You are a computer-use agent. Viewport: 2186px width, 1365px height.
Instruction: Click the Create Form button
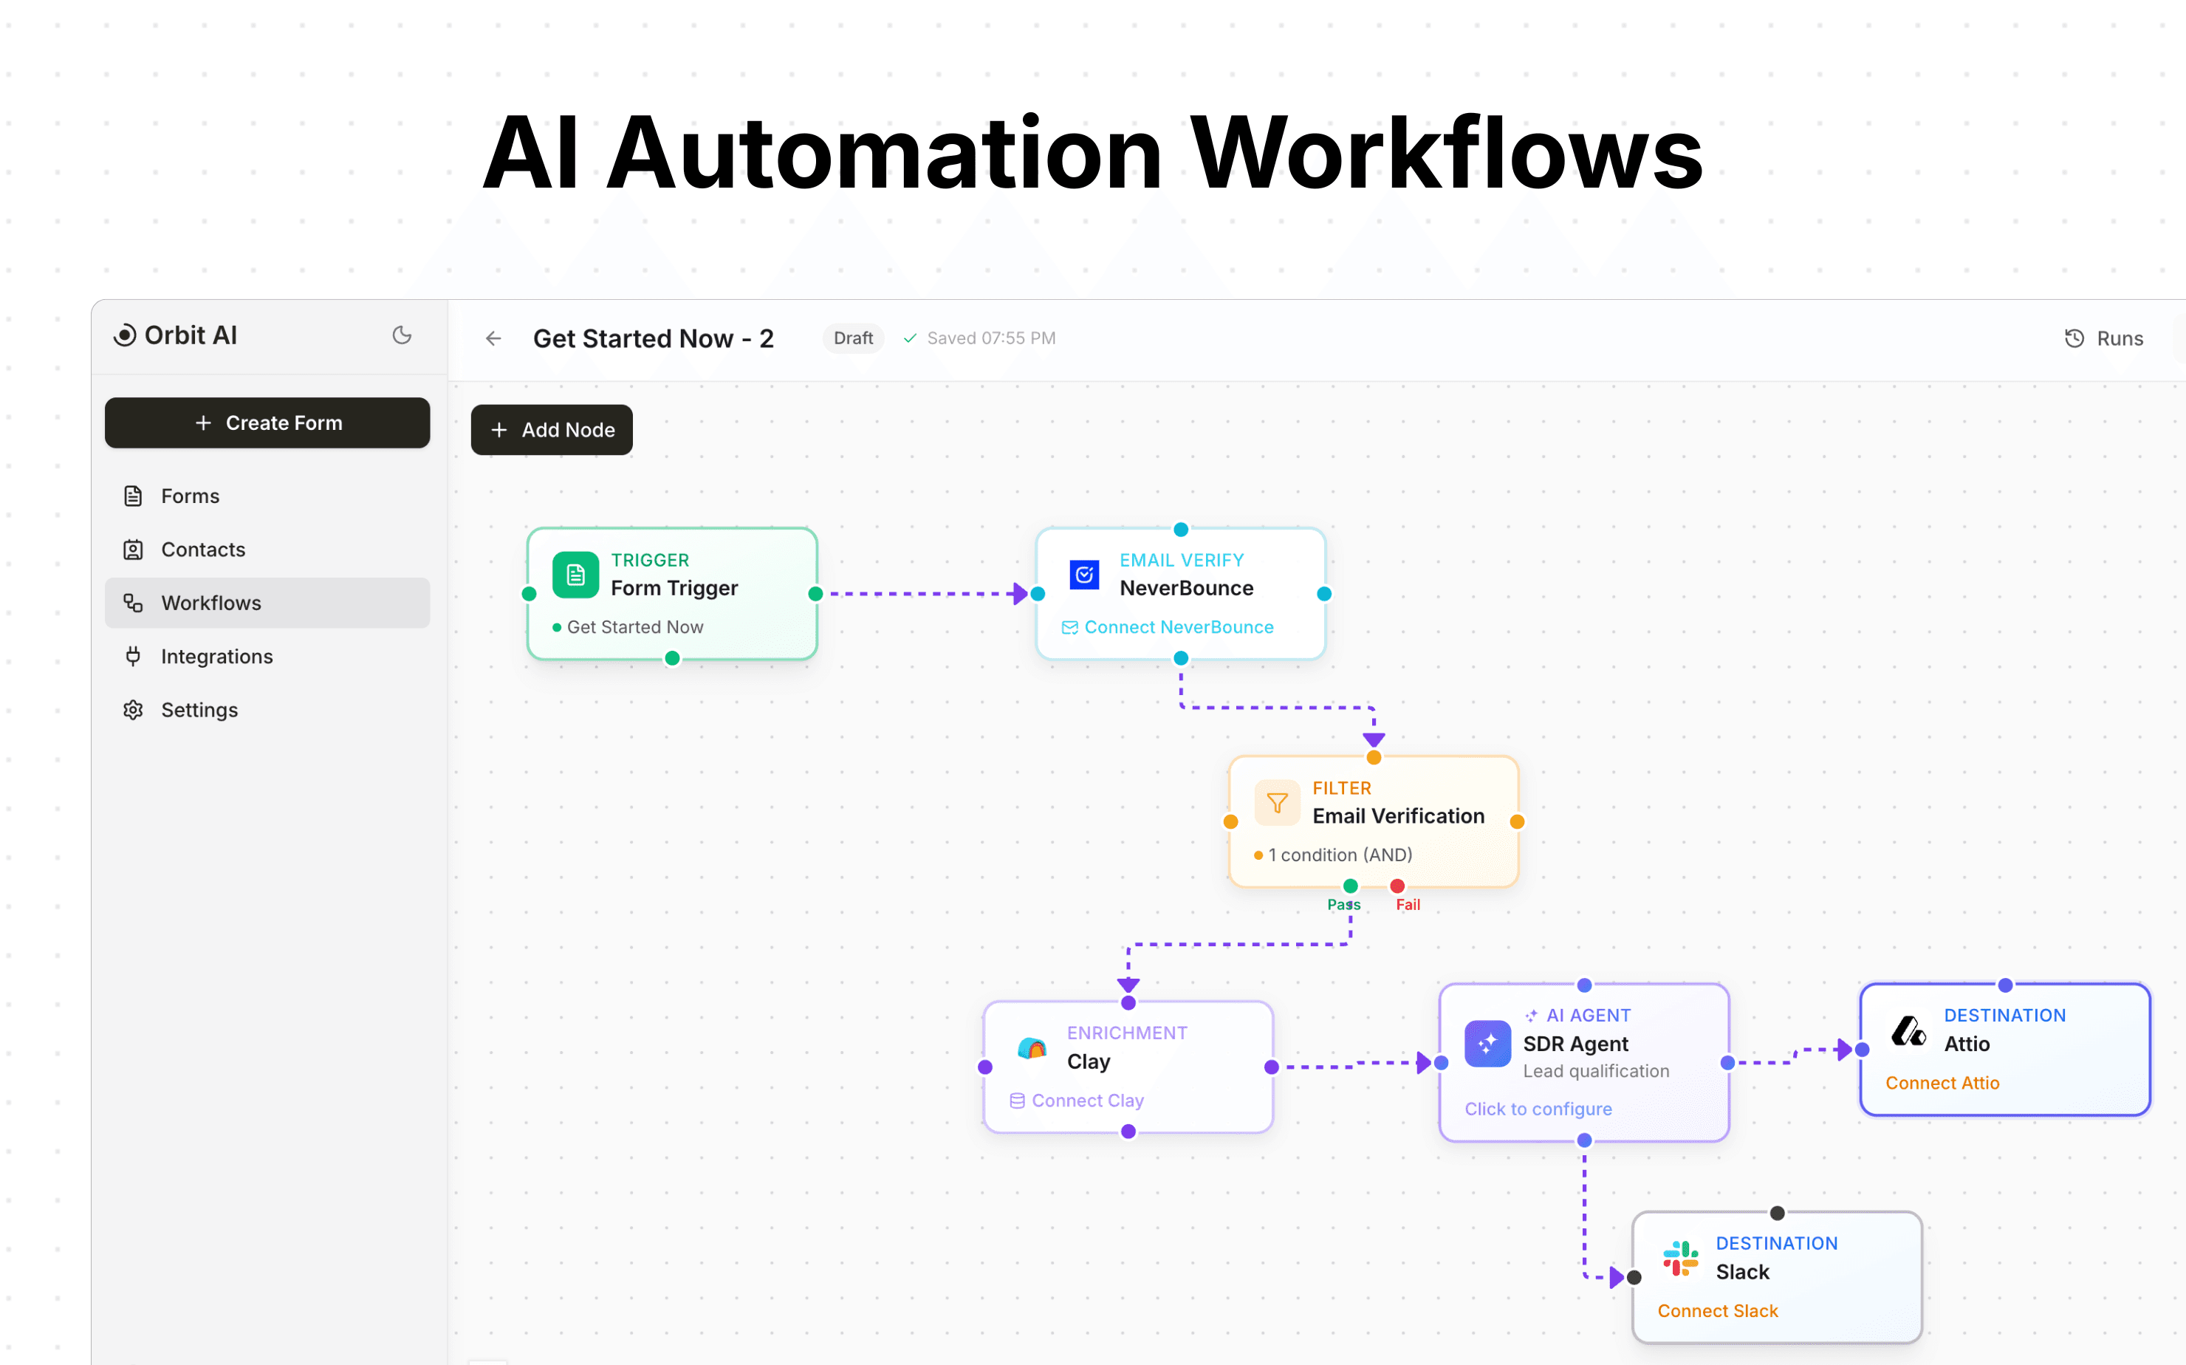[267, 422]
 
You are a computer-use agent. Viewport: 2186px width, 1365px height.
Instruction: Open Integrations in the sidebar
[216, 657]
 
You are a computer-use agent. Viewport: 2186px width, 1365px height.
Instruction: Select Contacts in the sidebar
[202, 549]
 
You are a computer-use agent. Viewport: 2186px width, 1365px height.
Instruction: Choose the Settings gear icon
[134, 710]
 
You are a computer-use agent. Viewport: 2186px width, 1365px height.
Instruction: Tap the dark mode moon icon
[402, 336]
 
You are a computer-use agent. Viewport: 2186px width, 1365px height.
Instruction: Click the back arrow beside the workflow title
[493, 338]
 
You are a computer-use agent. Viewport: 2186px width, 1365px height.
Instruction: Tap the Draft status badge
[852, 338]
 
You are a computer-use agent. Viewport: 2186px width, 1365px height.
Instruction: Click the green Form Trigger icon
[575, 575]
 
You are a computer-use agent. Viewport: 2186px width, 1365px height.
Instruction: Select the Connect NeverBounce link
[1178, 627]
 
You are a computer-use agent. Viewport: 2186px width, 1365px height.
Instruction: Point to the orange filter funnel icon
[1276, 803]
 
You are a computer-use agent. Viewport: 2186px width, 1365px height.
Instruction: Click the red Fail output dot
[1397, 886]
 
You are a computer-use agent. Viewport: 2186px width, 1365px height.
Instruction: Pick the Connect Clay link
[1086, 1101]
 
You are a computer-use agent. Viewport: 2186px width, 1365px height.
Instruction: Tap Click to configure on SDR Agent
[1537, 1109]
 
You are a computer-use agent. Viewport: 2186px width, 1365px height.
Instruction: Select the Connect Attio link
[1942, 1082]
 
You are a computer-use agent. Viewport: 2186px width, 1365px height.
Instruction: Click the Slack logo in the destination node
[1679, 1258]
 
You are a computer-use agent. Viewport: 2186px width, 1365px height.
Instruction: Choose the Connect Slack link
[1716, 1311]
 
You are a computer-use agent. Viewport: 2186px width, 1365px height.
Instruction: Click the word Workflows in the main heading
[1446, 154]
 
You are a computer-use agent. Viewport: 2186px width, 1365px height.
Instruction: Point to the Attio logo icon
[1908, 1031]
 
